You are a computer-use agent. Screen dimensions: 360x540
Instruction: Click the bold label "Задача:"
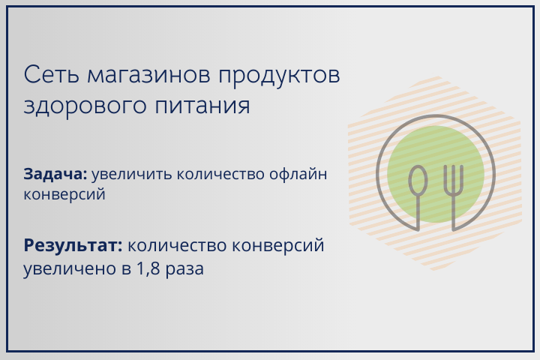coord(55,173)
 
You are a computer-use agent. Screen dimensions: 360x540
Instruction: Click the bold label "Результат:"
coord(72,245)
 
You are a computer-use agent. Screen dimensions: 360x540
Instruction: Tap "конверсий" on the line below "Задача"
coord(64,194)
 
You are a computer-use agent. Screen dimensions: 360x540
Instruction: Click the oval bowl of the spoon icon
coord(418,181)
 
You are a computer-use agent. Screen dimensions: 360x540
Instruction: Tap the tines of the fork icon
coord(453,177)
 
